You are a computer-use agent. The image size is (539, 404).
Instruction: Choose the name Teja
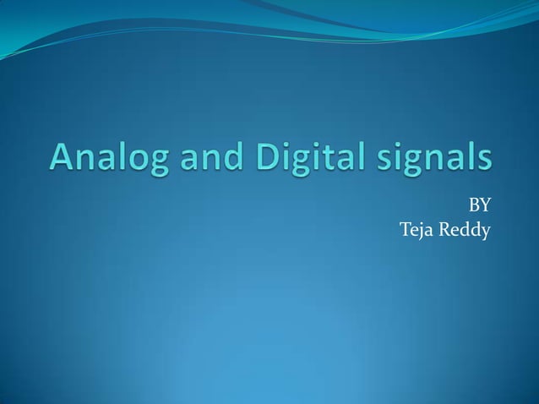click(416, 229)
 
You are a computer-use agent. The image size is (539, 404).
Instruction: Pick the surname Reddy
click(465, 229)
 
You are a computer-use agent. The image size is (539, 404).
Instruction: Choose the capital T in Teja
click(405, 228)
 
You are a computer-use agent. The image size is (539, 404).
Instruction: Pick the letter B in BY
click(474, 205)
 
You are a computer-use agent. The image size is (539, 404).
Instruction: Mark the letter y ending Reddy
click(484, 232)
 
